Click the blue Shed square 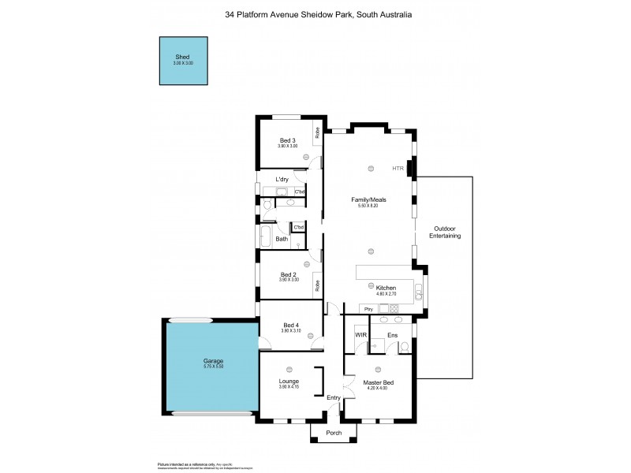tap(184, 61)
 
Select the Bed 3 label tap(288, 140)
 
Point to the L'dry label tap(281, 181)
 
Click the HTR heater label tap(398, 169)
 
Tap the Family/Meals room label tap(368, 200)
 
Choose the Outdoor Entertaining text tap(445, 233)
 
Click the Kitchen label tap(386, 288)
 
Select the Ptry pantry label tap(365, 308)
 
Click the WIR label tap(361, 335)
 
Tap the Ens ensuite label tap(392, 335)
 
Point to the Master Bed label tap(378, 382)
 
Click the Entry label tap(334, 397)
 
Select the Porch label tap(334, 433)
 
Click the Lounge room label tap(289, 382)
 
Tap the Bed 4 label tap(291, 325)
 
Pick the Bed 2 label tap(288, 274)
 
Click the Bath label tap(282, 238)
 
